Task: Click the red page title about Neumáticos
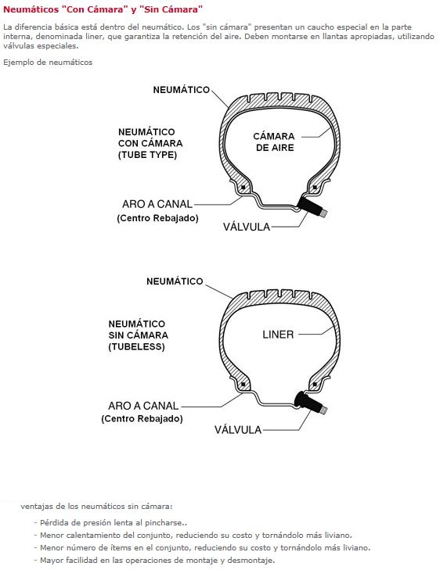[103, 9]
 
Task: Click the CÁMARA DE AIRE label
[274, 142]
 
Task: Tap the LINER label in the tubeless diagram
[278, 335]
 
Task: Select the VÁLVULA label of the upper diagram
[247, 227]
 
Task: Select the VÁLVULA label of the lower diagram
[238, 430]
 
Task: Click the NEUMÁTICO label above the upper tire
[182, 90]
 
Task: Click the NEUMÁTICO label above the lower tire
[175, 281]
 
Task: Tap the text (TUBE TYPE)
[147, 155]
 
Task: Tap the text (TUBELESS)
[136, 346]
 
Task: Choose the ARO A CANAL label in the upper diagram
[157, 204]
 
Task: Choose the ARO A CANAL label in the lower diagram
[143, 406]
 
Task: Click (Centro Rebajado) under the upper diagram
[157, 218]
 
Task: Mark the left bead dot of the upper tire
[243, 188]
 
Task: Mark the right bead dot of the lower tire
[315, 384]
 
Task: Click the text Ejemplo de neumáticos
[48, 63]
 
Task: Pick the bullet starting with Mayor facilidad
[154, 561]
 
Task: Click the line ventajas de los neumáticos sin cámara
[96, 507]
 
